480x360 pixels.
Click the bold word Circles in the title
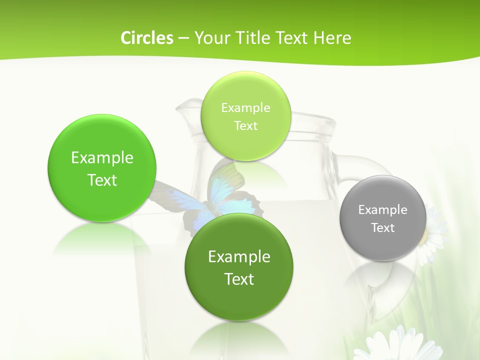pyautogui.click(x=146, y=38)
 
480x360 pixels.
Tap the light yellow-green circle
pyautogui.click(x=245, y=140)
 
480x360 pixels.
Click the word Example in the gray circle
pyautogui.click(x=382, y=210)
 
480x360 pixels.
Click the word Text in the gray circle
pyautogui.click(x=383, y=228)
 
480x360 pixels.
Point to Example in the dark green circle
pyautogui.click(x=239, y=257)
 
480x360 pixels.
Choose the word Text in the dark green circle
pyautogui.click(x=239, y=279)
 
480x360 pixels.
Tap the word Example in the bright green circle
pyautogui.click(x=102, y=158)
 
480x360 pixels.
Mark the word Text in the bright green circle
pyautogui.click(x=102, y=180)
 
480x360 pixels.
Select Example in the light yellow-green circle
pyautogui.click(x=245, y=108)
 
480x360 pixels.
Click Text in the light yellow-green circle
pyautogui.click(x=245, y=126)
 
